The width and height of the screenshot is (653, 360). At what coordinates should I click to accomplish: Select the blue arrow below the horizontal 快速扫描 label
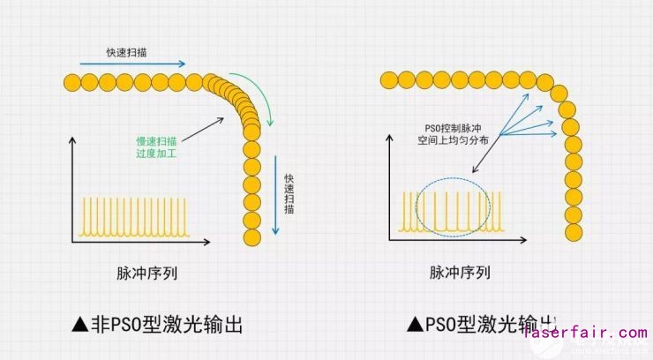tap(132, 64)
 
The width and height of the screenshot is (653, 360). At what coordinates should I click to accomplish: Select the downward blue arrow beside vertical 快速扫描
tap(275, 194)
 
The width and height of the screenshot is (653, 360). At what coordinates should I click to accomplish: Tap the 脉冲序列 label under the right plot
tap(460, 272)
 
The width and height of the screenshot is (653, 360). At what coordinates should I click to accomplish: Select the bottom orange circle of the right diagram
tap(572, 231)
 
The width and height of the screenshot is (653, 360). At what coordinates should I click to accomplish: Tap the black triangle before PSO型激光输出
tap(414, 325)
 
